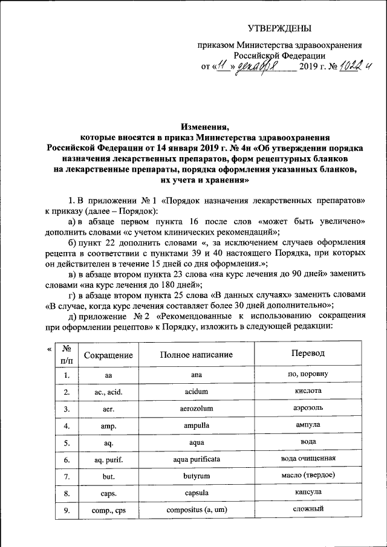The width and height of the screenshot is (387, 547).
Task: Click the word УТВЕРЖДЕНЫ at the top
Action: point(281,28)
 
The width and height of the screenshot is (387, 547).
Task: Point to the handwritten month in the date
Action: point(257,67)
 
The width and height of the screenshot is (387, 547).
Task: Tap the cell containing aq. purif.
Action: point(108,460)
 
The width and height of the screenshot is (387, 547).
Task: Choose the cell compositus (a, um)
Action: point(197,511)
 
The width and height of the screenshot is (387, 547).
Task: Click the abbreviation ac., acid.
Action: point(108,392)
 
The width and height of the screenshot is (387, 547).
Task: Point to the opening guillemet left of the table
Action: point(49,349)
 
